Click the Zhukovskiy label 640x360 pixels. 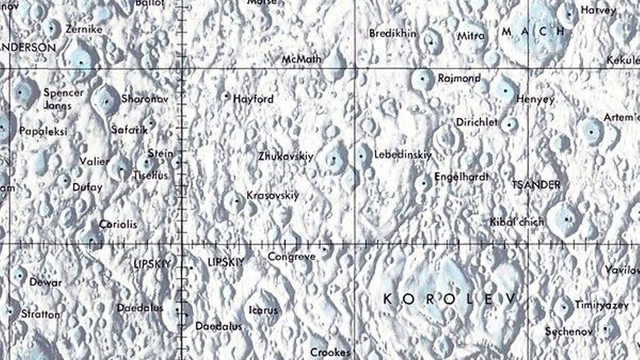tap(286, 156)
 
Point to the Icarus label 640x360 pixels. tap(263, 310)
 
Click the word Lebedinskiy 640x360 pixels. tap(403, 154)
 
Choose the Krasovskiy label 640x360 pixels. tap(273, 195)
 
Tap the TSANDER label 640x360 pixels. tap(536, 185)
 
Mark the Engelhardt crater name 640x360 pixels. tap(462, 176)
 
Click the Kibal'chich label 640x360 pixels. tap(517, 222)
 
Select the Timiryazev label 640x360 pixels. tap(602, 305)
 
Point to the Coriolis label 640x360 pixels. tap(118, 224)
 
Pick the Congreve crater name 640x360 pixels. tap(292, 256)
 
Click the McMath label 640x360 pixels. tap(302, 59)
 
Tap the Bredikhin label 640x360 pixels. tap(392, 33)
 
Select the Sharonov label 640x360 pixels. tap(145, 98)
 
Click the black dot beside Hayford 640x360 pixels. tap(226, 96)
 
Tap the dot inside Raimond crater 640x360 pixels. tap(423, 79)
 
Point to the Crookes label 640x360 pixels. tap(330, 352)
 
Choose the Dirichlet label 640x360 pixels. tap(477, 122)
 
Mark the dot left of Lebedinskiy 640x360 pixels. tap(361, 156)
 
